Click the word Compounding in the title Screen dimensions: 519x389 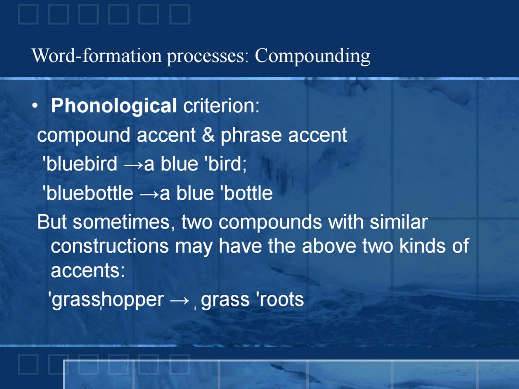tap(312, 56)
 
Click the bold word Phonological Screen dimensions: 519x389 tap(113, 106)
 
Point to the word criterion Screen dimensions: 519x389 tap(221, 106)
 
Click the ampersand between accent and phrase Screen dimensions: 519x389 tap(208, 135)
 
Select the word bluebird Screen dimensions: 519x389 tap(80, 164)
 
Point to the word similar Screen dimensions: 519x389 tap(398, 221)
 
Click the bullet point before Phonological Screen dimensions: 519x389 tap(35, 106)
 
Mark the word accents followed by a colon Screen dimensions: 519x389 tap(88, 270)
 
